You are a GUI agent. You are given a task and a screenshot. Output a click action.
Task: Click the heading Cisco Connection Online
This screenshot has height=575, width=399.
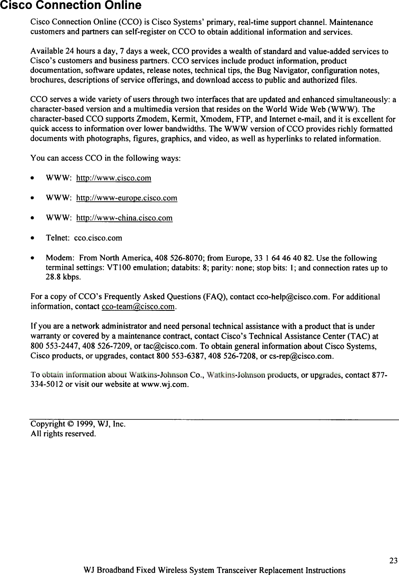(70, 6)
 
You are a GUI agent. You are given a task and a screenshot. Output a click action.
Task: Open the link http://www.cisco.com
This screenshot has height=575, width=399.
(114, 178)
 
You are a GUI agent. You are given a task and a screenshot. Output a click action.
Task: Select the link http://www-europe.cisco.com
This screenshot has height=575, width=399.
(127, 198)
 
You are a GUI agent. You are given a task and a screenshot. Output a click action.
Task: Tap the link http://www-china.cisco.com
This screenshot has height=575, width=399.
(125, 218)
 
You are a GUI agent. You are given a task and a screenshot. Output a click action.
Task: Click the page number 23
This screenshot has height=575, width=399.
(393, 561)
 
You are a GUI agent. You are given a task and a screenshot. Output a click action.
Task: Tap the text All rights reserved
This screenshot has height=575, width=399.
(63, 433)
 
